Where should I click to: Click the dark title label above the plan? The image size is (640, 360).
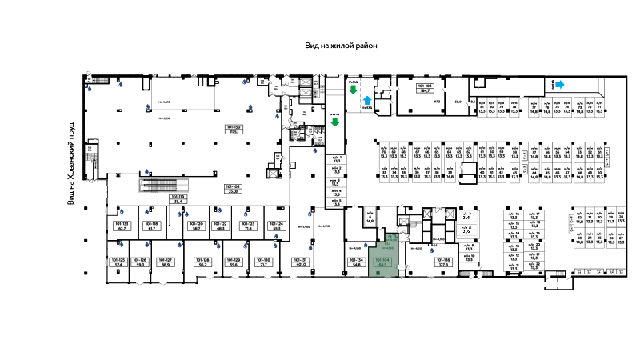(x=339, y=45)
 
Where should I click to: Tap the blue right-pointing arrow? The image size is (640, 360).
(x=560, y=84)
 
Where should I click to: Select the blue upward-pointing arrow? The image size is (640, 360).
(x=367, y=102)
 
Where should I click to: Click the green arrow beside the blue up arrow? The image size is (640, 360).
(x=353, y=89)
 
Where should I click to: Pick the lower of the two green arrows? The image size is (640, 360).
(x=334, y=122)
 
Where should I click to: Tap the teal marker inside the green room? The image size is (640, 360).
(x=390, y=237)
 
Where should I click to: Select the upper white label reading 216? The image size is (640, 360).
(x=466, y=216)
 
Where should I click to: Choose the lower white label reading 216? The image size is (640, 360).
(x=466, y=230)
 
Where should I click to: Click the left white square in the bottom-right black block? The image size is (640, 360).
(x=553, y=284)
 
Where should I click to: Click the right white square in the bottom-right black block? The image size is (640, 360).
(x=566, y=284)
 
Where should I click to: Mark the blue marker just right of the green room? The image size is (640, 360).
(x=432, y=251)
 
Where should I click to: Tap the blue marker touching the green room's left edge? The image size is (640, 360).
(x=366, y=246)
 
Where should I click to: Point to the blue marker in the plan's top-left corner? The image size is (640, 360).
(x=90, y=89)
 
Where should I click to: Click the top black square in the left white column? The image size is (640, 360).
(x=86, y=207)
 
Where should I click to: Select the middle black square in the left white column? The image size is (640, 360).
(x=86, y=239)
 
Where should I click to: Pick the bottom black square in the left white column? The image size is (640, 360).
(x=86, y=272)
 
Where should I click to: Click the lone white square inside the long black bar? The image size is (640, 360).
(x=470, y=170)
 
